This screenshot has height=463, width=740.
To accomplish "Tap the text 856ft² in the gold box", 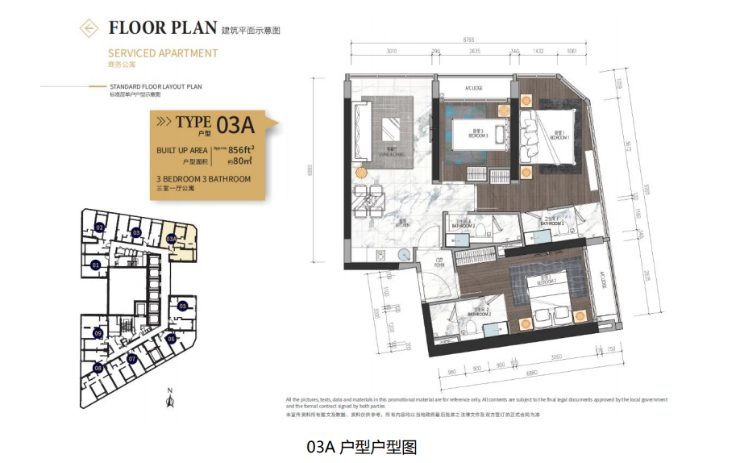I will [x=242, y=150].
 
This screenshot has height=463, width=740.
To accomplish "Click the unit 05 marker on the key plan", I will [x=183, y=306].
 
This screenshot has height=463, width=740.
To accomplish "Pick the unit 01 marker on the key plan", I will [x=95, y=265].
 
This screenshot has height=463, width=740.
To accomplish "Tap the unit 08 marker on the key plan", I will [x=98, y=368].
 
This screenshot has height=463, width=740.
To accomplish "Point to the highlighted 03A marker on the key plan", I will [x=171, y=239].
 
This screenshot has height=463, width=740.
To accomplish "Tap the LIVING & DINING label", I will [x=389, y=158].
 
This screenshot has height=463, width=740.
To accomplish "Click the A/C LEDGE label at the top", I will [x=473, y=89].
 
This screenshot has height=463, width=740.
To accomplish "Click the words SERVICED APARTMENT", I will [x=163, y=53].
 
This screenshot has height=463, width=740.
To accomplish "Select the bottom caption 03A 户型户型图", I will [x=362, y=446].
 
